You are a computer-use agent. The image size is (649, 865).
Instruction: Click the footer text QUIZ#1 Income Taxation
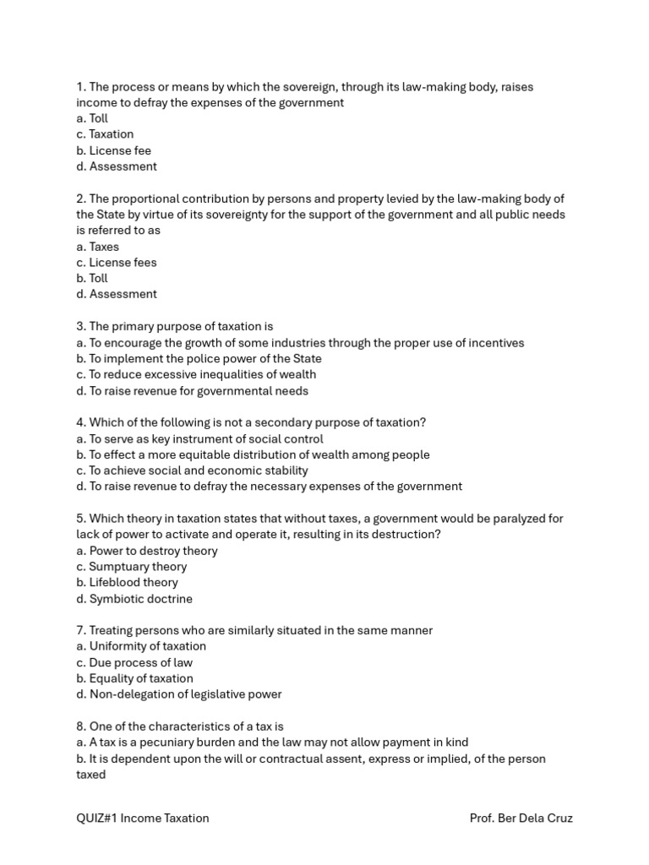click(142, 818)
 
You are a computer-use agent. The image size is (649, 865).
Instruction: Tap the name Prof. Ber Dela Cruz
click(521, 818)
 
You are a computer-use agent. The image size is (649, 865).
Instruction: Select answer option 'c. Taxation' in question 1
click(105, 134)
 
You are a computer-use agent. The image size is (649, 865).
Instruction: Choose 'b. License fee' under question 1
click(113, 150)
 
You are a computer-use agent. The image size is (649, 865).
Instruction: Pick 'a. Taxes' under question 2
click(97, 247)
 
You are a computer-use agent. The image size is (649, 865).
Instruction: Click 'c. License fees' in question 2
click(116, 263)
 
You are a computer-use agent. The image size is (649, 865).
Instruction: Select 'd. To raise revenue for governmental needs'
click(192, 391)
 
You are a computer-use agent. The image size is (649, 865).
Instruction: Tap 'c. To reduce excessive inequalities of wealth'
click(196, 374)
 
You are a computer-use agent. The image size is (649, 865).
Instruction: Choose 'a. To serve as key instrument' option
click(199, 439)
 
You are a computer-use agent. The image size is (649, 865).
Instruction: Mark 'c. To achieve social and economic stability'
click(192, 471)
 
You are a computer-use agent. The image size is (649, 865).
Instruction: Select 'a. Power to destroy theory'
click(146, 551)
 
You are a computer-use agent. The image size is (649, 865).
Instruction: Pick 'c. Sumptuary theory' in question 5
click(131, 567)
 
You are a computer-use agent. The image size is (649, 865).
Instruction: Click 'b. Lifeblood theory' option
click(127, 583)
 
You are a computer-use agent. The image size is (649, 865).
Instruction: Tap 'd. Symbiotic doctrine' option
click(134, 599)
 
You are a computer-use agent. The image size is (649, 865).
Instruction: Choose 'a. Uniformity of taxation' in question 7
click(141, 646)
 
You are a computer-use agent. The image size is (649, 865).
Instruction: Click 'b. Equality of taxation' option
click(134, 678)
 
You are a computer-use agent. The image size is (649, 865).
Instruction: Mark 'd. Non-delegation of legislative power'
click(178, 694)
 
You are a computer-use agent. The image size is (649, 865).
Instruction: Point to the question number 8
click(80, 726)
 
